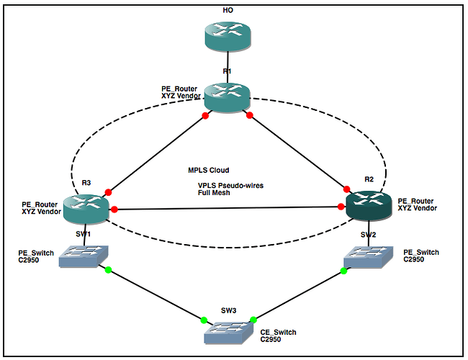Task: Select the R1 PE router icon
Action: pos(227,96)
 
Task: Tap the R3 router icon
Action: pos(86,207)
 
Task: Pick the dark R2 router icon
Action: pos(368,205)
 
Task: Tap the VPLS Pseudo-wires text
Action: pos(231,185)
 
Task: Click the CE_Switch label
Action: pos(278,332)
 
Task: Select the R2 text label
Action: pos(369,179)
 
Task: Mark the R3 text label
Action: pos(86,183)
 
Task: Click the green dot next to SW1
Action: pos(109,270)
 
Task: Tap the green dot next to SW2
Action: pos(343,271)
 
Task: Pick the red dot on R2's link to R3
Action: pos(341,207)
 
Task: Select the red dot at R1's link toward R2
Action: pos(250,115)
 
